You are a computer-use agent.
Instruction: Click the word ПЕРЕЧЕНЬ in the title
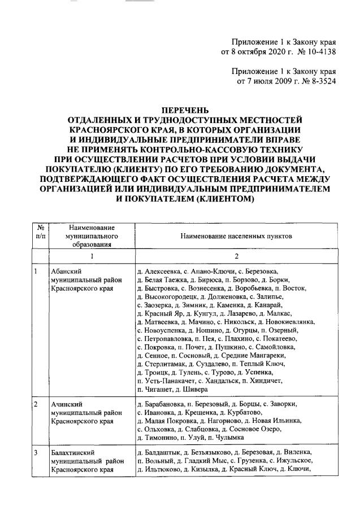tap(180, 110)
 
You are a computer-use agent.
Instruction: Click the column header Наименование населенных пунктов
tap(237, 238)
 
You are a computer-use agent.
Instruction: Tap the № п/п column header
tap(40, 233)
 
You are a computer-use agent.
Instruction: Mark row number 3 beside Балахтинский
tap(36, 453)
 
